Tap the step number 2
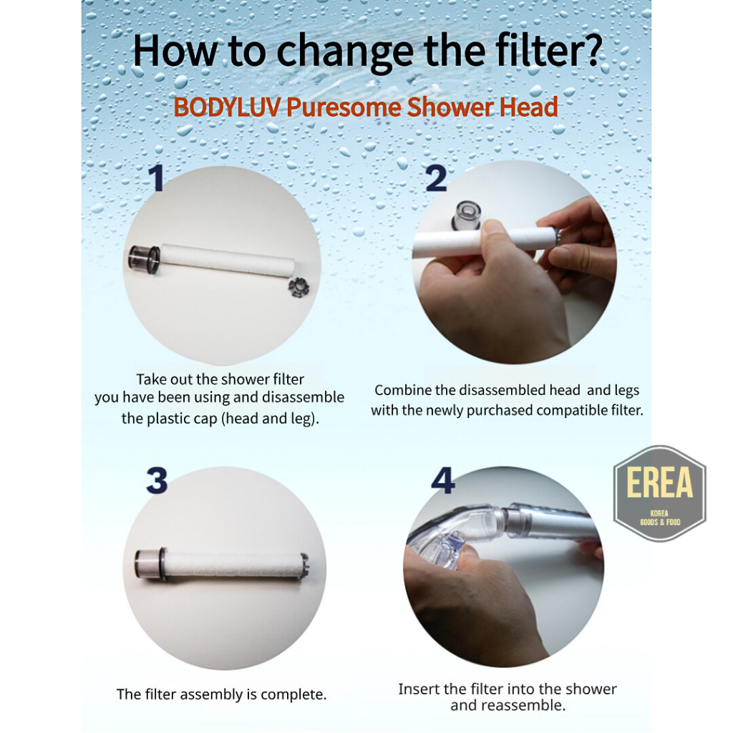pos(436,178)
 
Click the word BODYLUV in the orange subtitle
pos(227,107)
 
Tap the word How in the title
pos(175,51)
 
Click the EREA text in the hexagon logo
pos(659,482)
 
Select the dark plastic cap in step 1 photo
pos(145,257)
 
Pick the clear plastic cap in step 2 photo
pos(467,215)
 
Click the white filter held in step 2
pos(482,242)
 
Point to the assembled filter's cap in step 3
pos(150,564)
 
